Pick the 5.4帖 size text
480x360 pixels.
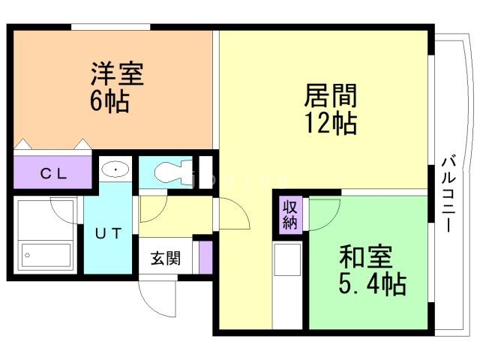click(x=373, y=283)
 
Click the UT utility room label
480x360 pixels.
click(x=108, y=233)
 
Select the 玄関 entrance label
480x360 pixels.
click(x=165, y=259)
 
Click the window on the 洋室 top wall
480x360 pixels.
click(x=110, y=28)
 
